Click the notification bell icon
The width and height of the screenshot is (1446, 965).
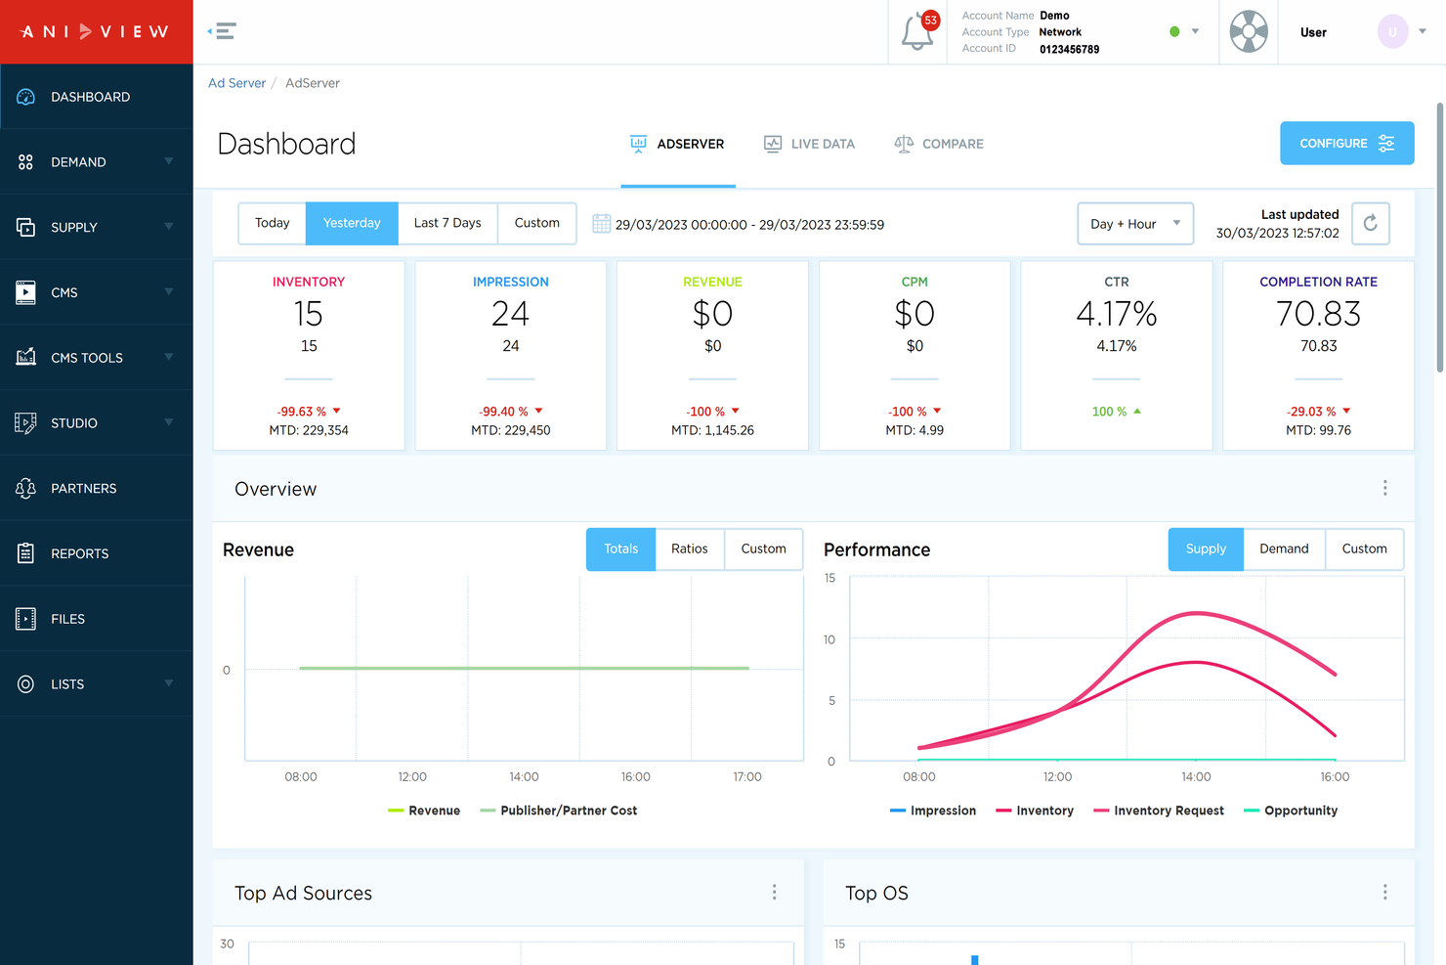[x=916, y=32]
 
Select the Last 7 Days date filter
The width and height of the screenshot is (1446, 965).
[x=447, y=223]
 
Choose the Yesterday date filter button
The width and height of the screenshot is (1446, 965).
[x=352, y=223]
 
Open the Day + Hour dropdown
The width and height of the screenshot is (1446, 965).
[x=1134, y=224]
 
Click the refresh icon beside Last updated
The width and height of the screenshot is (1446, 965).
[x=1370, y=224]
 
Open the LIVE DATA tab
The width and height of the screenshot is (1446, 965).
[x=809, y=144]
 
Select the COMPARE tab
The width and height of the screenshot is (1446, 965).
[x=939, y=144]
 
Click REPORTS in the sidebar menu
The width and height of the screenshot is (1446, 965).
[x=80, y=553]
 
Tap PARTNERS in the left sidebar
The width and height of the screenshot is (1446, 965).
[x=84, y=488]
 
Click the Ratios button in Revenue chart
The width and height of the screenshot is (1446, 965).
[x=689, y=548]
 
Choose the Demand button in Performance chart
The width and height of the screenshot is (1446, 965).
[x=1283, y=548]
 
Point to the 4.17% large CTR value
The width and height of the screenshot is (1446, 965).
[x=1116, y=314]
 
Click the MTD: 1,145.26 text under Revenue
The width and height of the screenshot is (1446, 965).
[x=712, y=430]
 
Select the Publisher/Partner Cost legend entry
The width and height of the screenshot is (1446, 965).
[x=568, y=811]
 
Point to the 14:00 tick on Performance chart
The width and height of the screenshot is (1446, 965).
[x=1195, y=776]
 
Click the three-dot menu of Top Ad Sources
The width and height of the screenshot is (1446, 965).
[x=774, y=892]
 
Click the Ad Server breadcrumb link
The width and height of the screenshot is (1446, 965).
[x=236, y=83]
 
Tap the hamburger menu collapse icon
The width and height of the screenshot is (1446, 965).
[x=224, y=31]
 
